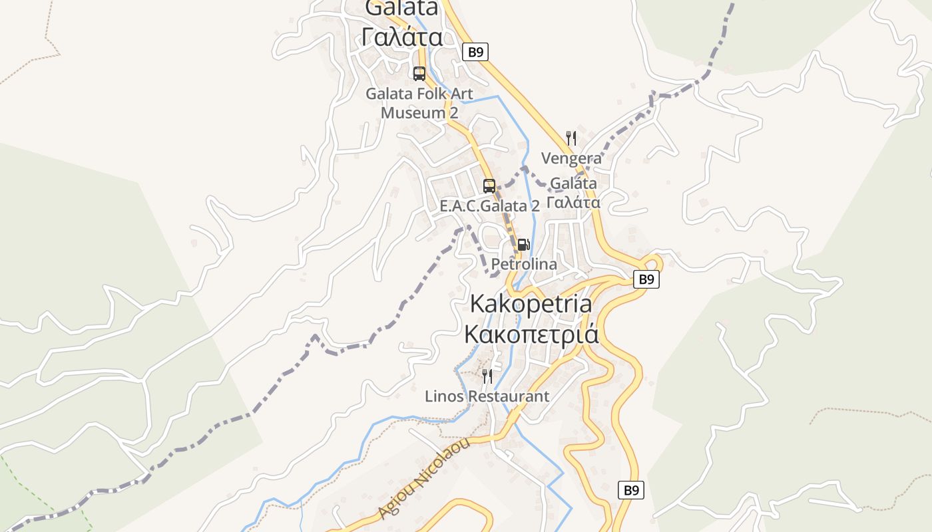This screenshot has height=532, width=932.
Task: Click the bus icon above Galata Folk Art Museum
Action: click(419, 74)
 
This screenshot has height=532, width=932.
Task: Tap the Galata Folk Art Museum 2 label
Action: click(419, 103)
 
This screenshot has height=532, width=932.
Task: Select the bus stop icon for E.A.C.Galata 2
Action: click(489, 186)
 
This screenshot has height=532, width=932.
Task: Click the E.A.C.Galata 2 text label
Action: click(489, 206)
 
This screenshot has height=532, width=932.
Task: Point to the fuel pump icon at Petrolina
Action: click(523, 245)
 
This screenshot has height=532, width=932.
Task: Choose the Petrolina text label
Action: click(524, 264)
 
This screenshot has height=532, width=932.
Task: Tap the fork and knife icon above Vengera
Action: click(571, 138)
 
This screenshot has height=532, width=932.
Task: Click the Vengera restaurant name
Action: click(571, 158)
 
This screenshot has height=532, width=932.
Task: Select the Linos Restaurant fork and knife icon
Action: click(487, 376)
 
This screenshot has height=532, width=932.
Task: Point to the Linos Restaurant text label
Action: click(487, 396)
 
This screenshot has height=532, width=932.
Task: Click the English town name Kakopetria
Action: click(531, 303)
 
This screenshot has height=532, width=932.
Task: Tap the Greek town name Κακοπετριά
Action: click(531, 334)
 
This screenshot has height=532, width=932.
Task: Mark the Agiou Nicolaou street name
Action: click(423, 477)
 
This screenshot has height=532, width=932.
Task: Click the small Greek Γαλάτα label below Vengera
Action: click(573, 202)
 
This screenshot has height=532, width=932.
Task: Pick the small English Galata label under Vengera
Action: click(573, 184)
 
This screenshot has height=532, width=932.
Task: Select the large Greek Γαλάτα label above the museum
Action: click(402, 37)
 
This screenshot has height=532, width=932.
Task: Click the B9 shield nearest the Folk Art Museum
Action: click(475, 52)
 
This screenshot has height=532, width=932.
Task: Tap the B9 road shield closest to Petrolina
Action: click(646, 279)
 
